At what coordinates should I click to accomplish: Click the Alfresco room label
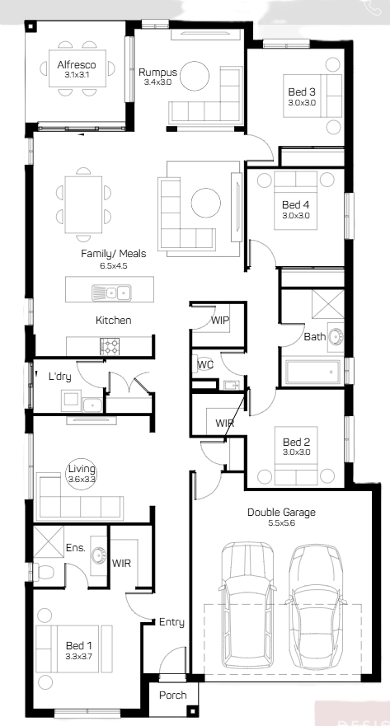pyautogui.click(x=77, y=65)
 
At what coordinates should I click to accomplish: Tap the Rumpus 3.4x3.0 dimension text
pyautogui.click(x=158, y=83)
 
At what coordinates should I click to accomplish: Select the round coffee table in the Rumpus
pyautogui.click(x=195, y=76)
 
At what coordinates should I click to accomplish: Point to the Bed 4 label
pyautogui.click(x=295, y=204)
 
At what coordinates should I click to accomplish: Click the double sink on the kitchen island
pyautogui.click(x=111, y=293)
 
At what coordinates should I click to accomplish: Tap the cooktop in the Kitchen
pyautogui.click(x=110, y=346)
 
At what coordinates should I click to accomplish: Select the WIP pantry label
pyautogui.click(x=220, y=320)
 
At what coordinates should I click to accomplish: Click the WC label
pyautogui.click(x=205, y=365)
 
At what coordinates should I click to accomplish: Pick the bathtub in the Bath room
pyautogui.click(x=312, y=372)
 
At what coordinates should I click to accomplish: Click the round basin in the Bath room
pyautogui.click(x=335, y=337)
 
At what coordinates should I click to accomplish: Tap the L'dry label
pyautogui.click(x=60, y=377)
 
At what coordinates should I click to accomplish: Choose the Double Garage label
pyautogui.click(x=281, y=512)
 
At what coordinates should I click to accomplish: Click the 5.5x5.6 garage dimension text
pyautogui.click(x=282, y=523)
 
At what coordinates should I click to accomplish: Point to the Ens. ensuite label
pyautogui.click(x=76, y=548)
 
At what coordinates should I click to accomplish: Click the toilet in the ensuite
pyautogui.click(x=43, y=572)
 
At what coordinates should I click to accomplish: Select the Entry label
pyautogui.click(x=172, y=622)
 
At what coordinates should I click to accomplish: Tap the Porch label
pyautogui.click(x=173, y=696)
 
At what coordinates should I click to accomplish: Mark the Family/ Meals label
pyautogui.click(x=114, y=254)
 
